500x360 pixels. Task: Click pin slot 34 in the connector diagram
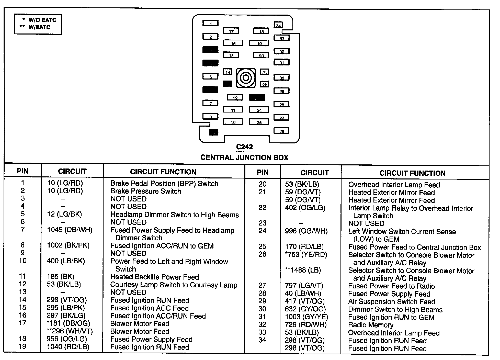click(278, 25)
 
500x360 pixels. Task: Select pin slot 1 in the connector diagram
click(210, 24)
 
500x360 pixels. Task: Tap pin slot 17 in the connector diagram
click(231, 31)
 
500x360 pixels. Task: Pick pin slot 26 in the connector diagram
click(281, 131)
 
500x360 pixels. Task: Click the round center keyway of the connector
click(246, 78)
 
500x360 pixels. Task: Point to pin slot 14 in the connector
click(228, 72)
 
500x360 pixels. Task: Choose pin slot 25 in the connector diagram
click(259, 122)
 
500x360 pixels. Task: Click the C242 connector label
click(244, 147)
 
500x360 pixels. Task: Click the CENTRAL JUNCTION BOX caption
click(244, 157)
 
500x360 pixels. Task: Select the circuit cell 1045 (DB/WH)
click(70, 230)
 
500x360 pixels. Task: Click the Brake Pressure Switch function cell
click(145, 191)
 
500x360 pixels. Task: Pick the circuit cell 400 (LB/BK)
click(66, 261)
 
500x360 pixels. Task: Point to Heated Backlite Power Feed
click(154, 277)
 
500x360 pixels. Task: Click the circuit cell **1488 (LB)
click(303, 270)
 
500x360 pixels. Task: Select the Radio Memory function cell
click(371, 325)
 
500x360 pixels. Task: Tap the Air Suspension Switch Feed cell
click(391, 302)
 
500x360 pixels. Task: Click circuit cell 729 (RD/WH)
click(306, 325)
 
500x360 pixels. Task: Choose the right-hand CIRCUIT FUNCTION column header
click(412, 173)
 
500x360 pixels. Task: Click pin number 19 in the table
click(22, 346)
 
